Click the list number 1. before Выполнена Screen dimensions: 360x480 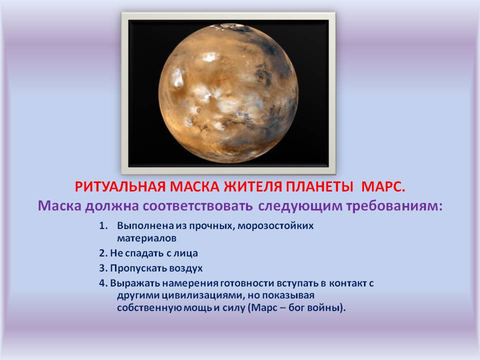click(x=103, y=225)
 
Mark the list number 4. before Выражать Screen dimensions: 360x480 click(x=103, y=283)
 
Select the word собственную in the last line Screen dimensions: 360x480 click(x=145, y=308)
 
